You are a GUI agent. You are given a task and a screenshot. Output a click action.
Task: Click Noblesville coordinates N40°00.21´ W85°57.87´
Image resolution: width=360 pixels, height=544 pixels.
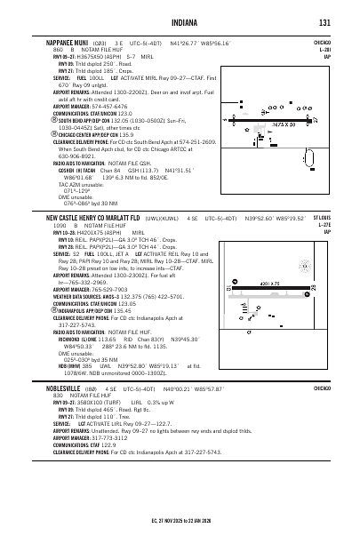point(195,414)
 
